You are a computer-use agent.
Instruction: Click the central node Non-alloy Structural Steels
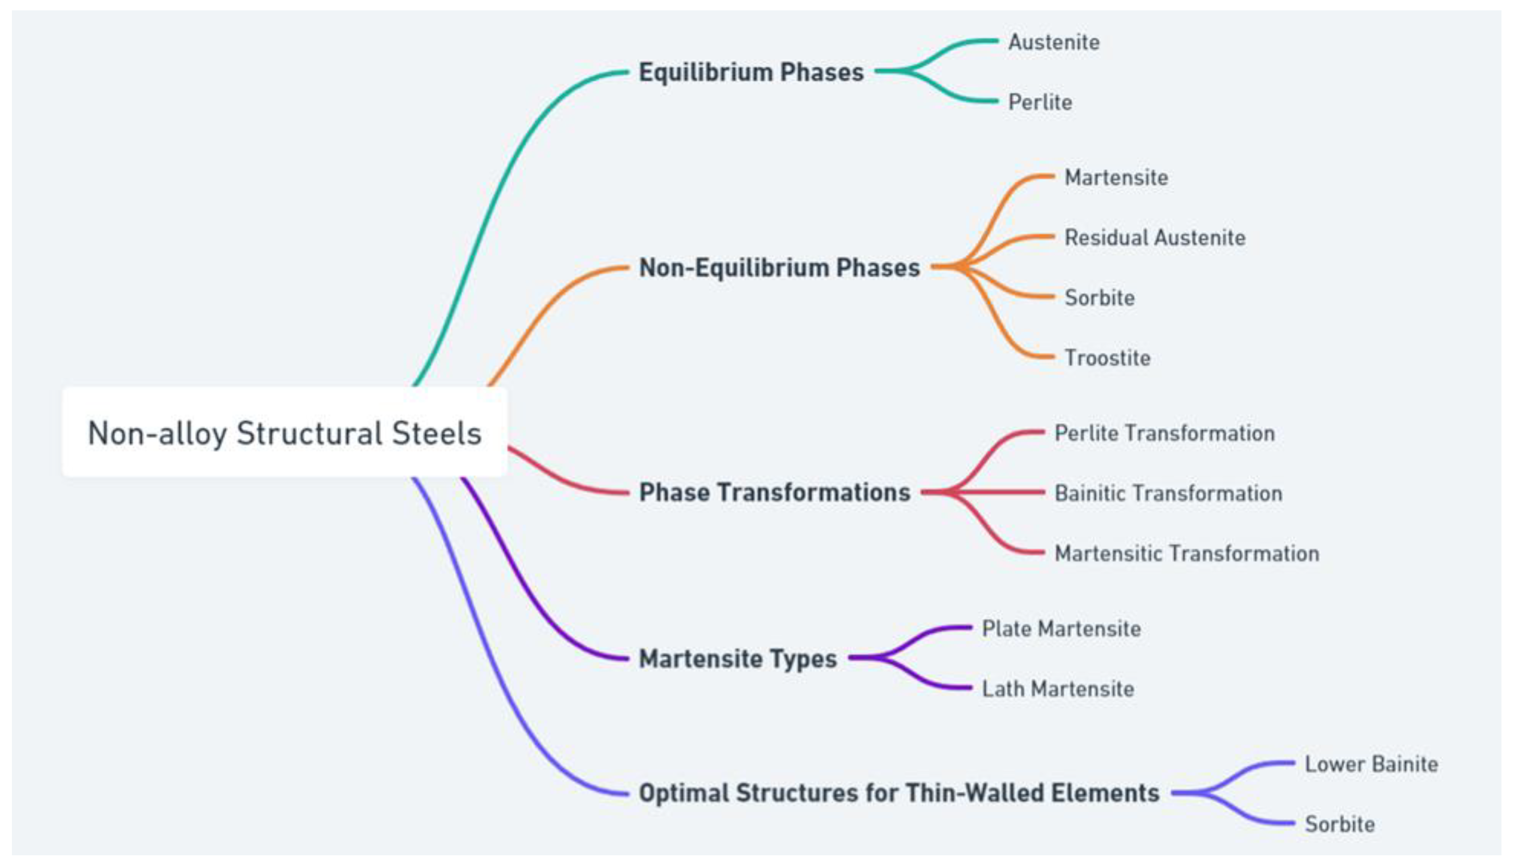coord(284,432)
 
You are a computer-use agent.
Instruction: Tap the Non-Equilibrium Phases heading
coord(779,268)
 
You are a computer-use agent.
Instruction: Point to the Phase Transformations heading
coord(775,492)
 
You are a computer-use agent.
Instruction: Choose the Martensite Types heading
coord(738,659)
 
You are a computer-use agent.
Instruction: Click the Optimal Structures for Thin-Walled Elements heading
coord(899,793)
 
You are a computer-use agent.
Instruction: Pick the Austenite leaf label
coord(1054,42)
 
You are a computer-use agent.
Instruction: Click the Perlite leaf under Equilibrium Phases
coord(1040,102)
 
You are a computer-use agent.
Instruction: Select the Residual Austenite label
coord(1155,238)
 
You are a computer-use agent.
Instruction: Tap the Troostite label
coord(1107,358)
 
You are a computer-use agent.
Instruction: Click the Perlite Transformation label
coord(1164,433)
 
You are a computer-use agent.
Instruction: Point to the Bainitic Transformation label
coord(1168,494)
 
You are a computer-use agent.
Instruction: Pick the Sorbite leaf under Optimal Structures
coord(1340,824)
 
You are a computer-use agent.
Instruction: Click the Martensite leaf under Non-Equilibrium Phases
coord(1116,177)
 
